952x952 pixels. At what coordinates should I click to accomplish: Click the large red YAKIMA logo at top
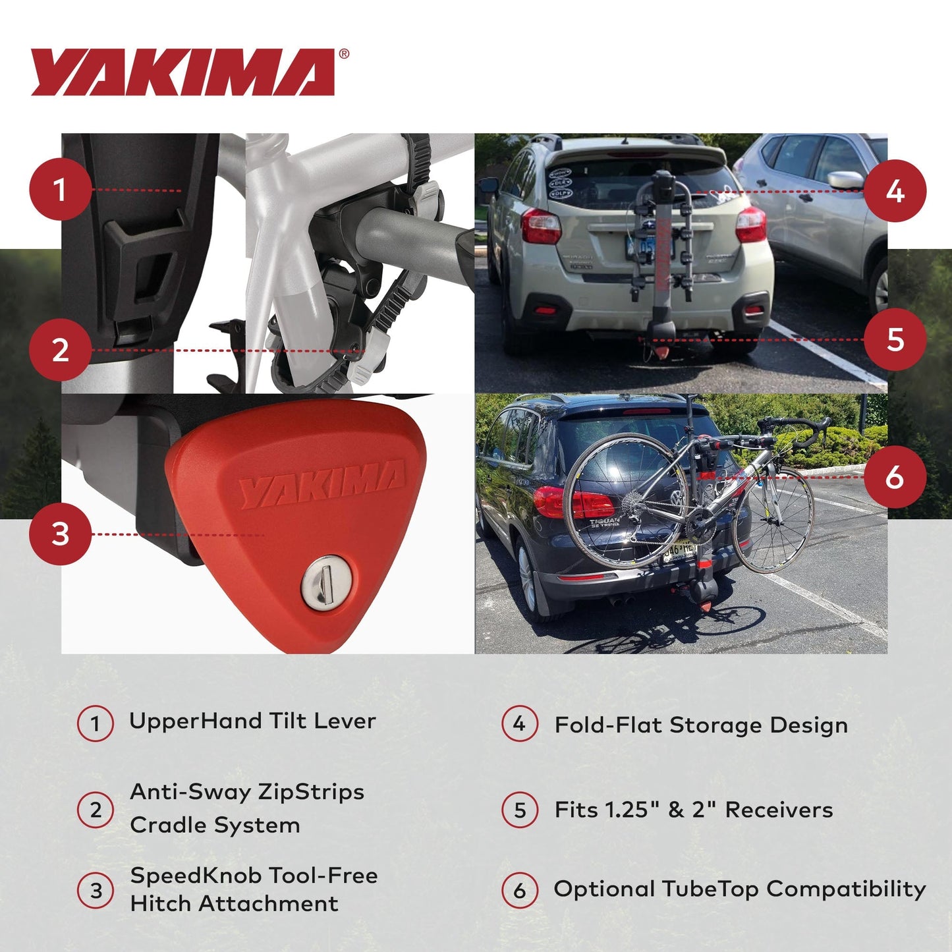[x=183, y=72]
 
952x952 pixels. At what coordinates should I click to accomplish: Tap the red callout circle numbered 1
[x=60, y=190]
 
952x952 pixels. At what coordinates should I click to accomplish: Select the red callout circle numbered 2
[x=60, y=350]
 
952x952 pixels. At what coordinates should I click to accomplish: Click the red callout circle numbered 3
[x=60, y=534]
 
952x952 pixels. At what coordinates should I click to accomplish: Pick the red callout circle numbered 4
[x=895, y=192]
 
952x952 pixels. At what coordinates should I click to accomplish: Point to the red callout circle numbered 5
[x=895, y=340]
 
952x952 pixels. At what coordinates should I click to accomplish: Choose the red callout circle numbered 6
[x=895, y=476]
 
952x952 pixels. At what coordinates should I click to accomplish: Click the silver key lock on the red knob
[x=327, y=582]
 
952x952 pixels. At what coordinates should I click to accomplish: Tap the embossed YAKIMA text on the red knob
[x=322, y=484]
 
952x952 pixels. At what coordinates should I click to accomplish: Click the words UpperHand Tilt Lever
[x=252, y=721]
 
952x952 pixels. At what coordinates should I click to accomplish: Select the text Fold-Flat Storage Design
[x=701, y=725]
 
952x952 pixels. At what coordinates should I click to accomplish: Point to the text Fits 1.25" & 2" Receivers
[x=694, y=810]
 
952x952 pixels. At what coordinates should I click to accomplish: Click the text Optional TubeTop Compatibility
[x=740, y=889]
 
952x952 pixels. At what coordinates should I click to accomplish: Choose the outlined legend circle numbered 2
[x=96, y=810]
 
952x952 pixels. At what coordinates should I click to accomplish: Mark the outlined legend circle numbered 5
[x=520, y=810]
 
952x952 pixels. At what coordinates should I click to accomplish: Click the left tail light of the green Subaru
[x=540, y=226]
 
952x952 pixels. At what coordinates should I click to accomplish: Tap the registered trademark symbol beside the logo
[x=344, y=55]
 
